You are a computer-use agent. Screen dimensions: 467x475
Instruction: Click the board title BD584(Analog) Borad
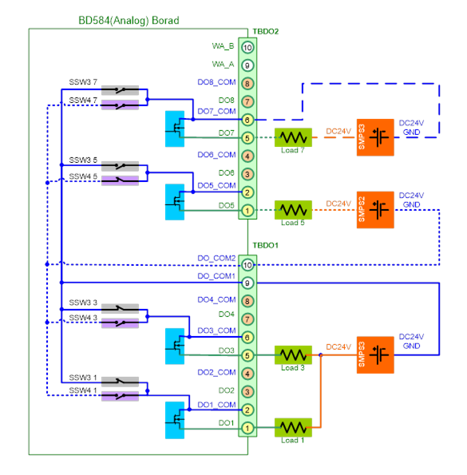(x=129, y=21)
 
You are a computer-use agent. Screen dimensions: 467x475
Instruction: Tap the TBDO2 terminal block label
(x=266, y=31)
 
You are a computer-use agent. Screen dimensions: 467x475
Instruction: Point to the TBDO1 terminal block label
(x=266, y=245)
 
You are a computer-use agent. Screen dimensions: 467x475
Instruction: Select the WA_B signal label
(x=223, y=46)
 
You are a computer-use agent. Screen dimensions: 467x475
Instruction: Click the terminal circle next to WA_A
(x=247, y=65)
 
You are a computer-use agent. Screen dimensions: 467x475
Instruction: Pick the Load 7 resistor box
(x=293, y=137)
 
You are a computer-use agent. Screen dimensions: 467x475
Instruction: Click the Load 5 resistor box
(x=293, y=210)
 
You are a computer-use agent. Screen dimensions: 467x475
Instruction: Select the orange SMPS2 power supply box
(x=375, y=210)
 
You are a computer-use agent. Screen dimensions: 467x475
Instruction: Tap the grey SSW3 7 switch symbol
(x=120, y=90)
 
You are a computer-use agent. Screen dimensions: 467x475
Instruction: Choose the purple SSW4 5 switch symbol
(x=120, y=180)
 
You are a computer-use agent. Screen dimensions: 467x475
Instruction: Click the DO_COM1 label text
(x=216, y=276)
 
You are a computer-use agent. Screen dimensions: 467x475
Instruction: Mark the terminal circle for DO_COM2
(x=247, y=265)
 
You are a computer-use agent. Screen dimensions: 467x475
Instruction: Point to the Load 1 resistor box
(x=293, y=427)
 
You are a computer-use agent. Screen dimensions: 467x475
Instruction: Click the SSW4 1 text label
(x=83, y=391)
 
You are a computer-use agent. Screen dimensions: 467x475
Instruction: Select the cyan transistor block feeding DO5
(x=175, y=202)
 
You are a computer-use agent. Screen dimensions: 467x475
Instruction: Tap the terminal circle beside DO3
(x=247, y=355)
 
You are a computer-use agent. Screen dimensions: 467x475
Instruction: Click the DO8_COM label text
(x=216, y=82)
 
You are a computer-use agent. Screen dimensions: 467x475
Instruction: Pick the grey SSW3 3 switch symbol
(x=120, y=308)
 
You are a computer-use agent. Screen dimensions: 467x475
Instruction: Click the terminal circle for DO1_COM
(x=247, y=410)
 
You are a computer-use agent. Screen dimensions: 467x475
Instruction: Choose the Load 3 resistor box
(x=293, y=354)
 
